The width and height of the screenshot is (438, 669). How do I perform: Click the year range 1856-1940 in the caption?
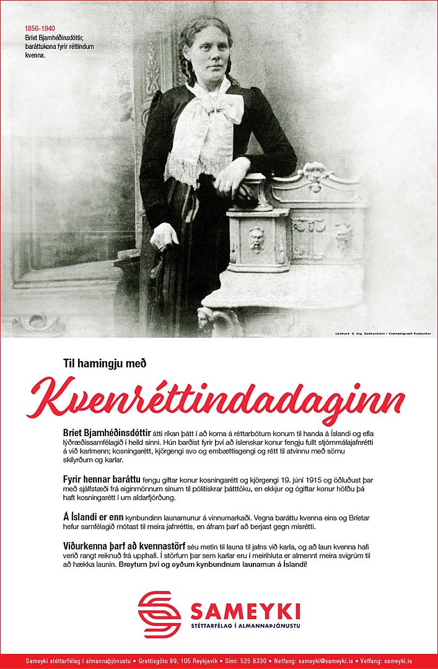click(40, 28)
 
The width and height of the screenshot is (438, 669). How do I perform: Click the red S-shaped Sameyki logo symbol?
click(159, 614)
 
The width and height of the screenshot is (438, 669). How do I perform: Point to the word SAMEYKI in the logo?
click(245, 611)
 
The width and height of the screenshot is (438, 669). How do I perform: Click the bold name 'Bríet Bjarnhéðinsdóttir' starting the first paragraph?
click(107, 432)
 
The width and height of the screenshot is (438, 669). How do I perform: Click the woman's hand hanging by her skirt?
click(165, 237)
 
